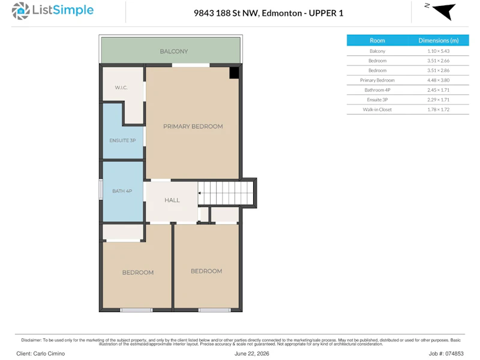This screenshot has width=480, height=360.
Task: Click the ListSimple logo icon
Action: coord(20,11)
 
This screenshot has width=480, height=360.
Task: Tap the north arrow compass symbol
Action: coord(442,11)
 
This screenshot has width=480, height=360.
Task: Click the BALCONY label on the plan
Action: coord(174,52)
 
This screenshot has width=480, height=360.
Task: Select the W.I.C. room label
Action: coord(121,88)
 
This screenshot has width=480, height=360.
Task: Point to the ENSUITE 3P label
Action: coord(122,140)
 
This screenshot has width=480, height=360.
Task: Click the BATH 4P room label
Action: coord(122,191)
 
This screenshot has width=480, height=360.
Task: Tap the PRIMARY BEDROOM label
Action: coord(193,127)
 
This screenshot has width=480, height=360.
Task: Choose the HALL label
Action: coord(172,200)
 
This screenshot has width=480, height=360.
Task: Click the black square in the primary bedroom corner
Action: coord(234,73)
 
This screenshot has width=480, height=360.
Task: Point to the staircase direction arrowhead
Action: coord(199,193)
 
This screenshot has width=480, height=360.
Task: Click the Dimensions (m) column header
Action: coord(439,40)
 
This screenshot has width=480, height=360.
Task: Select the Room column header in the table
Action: coord(377,40)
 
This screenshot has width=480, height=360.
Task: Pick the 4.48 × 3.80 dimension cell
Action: coord(439,80)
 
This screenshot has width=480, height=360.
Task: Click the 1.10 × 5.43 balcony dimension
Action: coord(439,51)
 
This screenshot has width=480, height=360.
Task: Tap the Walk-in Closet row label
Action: coord(377,110)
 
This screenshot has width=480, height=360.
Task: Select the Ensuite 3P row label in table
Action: coord(377,100)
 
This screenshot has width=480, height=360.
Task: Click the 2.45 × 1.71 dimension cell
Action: coord(439,90)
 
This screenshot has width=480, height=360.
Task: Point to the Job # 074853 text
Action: coord(446,353)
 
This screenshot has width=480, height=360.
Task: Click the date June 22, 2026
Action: coord(251,353)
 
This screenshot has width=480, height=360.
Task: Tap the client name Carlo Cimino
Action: coord(49,353)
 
